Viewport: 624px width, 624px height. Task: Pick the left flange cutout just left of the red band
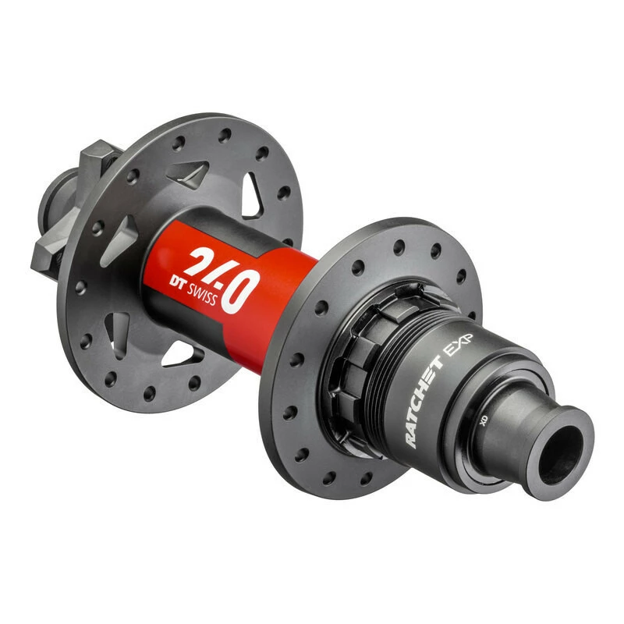click(x=125, y=234)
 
